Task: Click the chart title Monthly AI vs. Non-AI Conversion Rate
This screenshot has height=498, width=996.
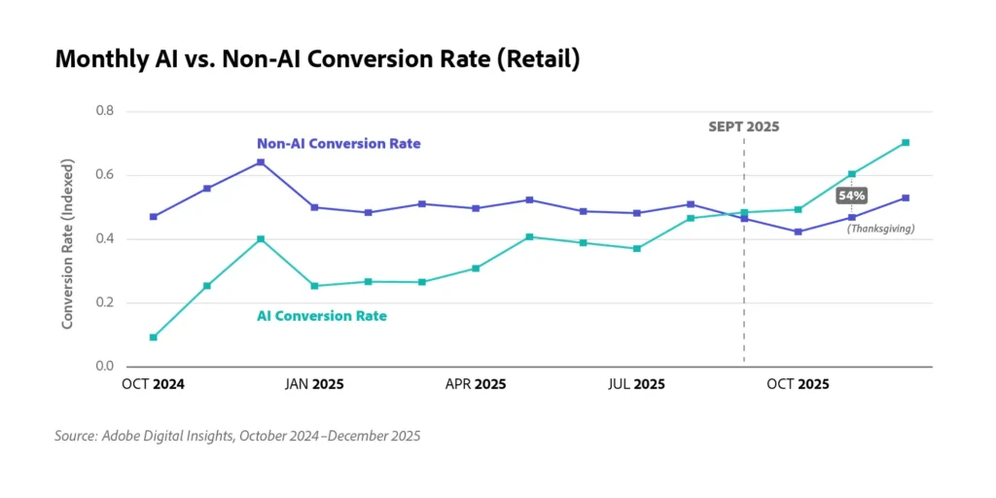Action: (317, 60)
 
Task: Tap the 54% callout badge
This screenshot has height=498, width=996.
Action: (851, 196)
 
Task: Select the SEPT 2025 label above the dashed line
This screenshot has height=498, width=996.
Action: (743, 126)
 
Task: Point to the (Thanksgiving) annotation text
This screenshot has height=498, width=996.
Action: (880, 228)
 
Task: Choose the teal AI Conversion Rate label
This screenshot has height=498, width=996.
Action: (321, 316)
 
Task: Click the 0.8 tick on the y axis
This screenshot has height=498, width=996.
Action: (104, 111)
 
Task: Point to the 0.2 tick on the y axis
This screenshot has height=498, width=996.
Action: (104, 302)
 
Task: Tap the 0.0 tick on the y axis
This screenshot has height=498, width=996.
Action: (104, 367)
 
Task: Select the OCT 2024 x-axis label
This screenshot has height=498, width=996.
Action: (153, 385)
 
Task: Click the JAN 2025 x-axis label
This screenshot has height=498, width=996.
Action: (313, 385)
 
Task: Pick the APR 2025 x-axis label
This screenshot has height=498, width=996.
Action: (476, 385)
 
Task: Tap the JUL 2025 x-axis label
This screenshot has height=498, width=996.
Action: (636, 385)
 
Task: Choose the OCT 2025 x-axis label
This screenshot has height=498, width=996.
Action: (798, 385)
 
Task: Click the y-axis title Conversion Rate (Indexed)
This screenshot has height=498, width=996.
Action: (67, 238)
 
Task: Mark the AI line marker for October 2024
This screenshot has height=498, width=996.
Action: (153, 338)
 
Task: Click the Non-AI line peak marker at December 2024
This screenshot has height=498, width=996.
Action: (261, 162)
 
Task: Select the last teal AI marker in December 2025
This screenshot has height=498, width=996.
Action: (906, 143)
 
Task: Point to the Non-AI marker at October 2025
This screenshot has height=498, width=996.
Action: (798, 231)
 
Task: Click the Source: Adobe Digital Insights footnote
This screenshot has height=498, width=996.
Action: (237, 437)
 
